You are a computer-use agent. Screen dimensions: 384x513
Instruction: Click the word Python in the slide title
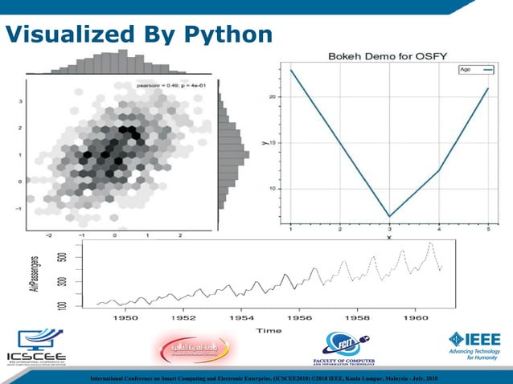(227, 34)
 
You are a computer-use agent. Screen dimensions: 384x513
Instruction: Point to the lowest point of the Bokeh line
(389, 216)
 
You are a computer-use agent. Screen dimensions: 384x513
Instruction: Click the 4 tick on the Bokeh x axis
(439, 230)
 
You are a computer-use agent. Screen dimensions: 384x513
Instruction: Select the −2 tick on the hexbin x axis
(49, 235)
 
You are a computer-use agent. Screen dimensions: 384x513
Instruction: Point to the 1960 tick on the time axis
(416, 318)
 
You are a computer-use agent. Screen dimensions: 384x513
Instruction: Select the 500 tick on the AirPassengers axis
(62, 258)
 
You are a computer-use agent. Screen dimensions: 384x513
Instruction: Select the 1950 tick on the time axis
(125, 318)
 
